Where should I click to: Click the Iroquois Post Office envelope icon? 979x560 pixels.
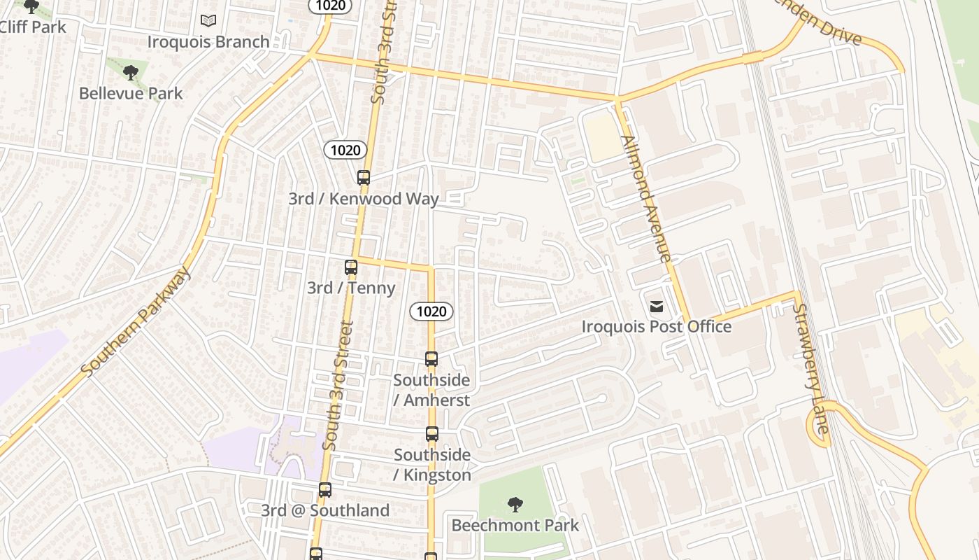click(657, 306)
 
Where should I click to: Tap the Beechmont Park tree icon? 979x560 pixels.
click(515, 504)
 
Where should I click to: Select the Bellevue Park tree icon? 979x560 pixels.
click(130, 72)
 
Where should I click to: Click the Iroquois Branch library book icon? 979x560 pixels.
click(208, 21)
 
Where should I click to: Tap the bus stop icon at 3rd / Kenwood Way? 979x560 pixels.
click(364, 178)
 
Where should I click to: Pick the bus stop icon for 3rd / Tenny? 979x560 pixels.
click(351, 267)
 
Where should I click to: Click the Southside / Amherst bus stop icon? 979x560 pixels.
click(431, 359)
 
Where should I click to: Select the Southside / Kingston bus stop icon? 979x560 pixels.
click(432, 434)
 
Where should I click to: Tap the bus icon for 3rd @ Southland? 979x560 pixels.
click(325, 490)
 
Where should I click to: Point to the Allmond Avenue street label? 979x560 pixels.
click(645, 199)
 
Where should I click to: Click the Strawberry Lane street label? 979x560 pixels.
click(811, 367)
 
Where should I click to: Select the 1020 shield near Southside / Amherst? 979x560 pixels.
click(431, 311)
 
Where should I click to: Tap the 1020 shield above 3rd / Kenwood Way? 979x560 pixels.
click(345, 150)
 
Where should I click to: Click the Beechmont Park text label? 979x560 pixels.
click(515, 525)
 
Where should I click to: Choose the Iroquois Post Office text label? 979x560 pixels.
click(657, 327)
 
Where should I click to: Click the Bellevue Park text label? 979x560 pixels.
click(130, 93)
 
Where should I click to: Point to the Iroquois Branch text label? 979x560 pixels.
click(208, 42)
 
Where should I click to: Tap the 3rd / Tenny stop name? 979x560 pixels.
click(351, 288)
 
